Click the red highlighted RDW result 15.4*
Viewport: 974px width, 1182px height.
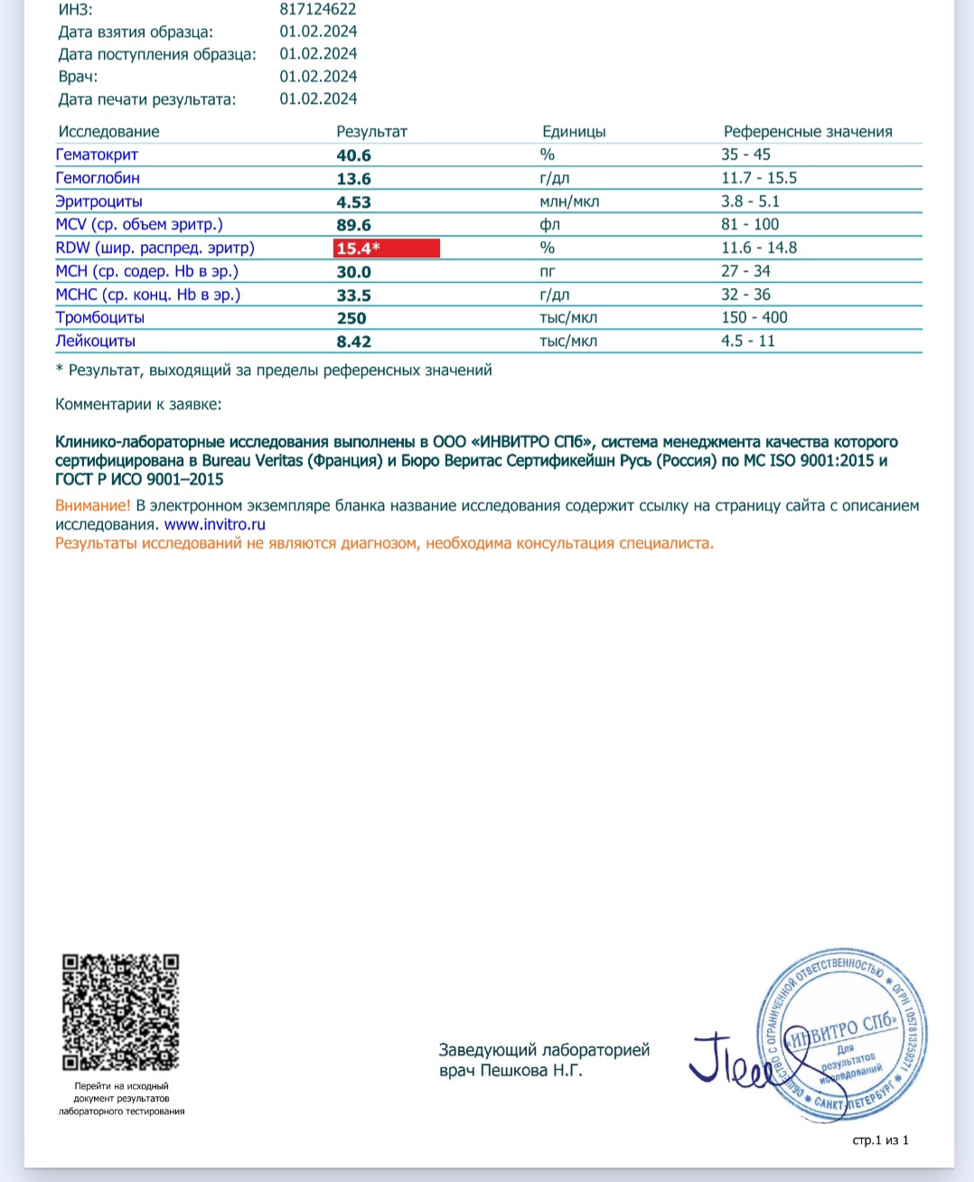click(x=386, y=249)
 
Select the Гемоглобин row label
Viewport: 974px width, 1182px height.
click(x=98, y=178)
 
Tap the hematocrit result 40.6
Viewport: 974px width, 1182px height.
click(x=353, y=155)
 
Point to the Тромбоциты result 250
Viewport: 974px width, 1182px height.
click(x=351, y=318)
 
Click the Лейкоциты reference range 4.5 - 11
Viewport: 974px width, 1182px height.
click(x=748, y=341)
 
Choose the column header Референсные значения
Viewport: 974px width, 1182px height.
click(x=808, y=132)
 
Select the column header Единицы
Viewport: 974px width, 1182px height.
click(x=574, y=132)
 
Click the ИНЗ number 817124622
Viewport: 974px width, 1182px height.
click(x=318, y=10)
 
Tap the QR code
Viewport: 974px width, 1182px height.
click(x=120, y=1012)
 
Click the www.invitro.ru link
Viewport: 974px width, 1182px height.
click(x=215, y=525)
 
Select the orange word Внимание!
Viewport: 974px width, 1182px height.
click(x=93, y=506)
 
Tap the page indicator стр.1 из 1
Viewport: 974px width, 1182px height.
click(x=880, y=1140)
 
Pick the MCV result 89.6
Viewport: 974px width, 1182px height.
click(x=353, y=225)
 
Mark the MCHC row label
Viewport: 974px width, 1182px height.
click(x=148, y=295)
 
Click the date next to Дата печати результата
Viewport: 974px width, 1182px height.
click(x=318, y=99)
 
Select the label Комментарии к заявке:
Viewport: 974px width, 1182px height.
click(x=138, y=405)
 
